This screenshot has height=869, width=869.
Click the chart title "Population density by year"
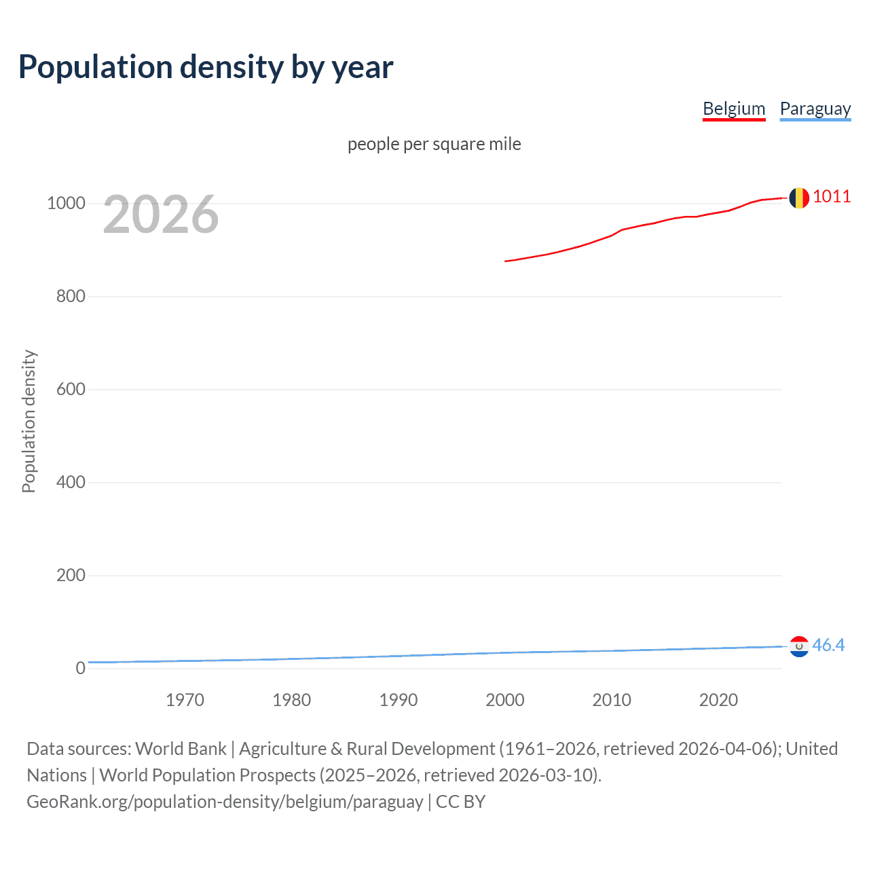(206, 67)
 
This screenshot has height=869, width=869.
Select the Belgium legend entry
(734, 109)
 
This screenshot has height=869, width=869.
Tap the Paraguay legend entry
(815, 109)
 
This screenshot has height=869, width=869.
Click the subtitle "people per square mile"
(434, 144)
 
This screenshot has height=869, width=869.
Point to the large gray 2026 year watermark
(161, 215)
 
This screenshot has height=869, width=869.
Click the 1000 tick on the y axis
(66, 204)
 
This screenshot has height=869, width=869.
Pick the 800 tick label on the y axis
(71, 297)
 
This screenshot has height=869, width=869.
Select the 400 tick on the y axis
(71, 483)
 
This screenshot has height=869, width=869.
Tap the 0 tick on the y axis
(80, 668)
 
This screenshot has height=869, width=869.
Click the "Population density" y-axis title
(29, 421)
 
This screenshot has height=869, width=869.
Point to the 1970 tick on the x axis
(185, 700)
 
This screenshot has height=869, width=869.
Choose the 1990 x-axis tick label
(399, 700)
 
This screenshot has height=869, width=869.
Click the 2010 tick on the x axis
(612, 700)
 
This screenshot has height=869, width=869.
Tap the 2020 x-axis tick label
(718, 700)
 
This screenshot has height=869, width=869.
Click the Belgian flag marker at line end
(799, 198)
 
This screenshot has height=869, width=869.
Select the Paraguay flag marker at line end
(799, 646)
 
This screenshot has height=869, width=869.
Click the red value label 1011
(832, 197)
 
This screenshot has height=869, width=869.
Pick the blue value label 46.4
(828, 645)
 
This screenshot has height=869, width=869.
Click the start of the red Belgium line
(506, 261)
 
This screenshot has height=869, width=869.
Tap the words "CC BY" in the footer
(460, 802)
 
